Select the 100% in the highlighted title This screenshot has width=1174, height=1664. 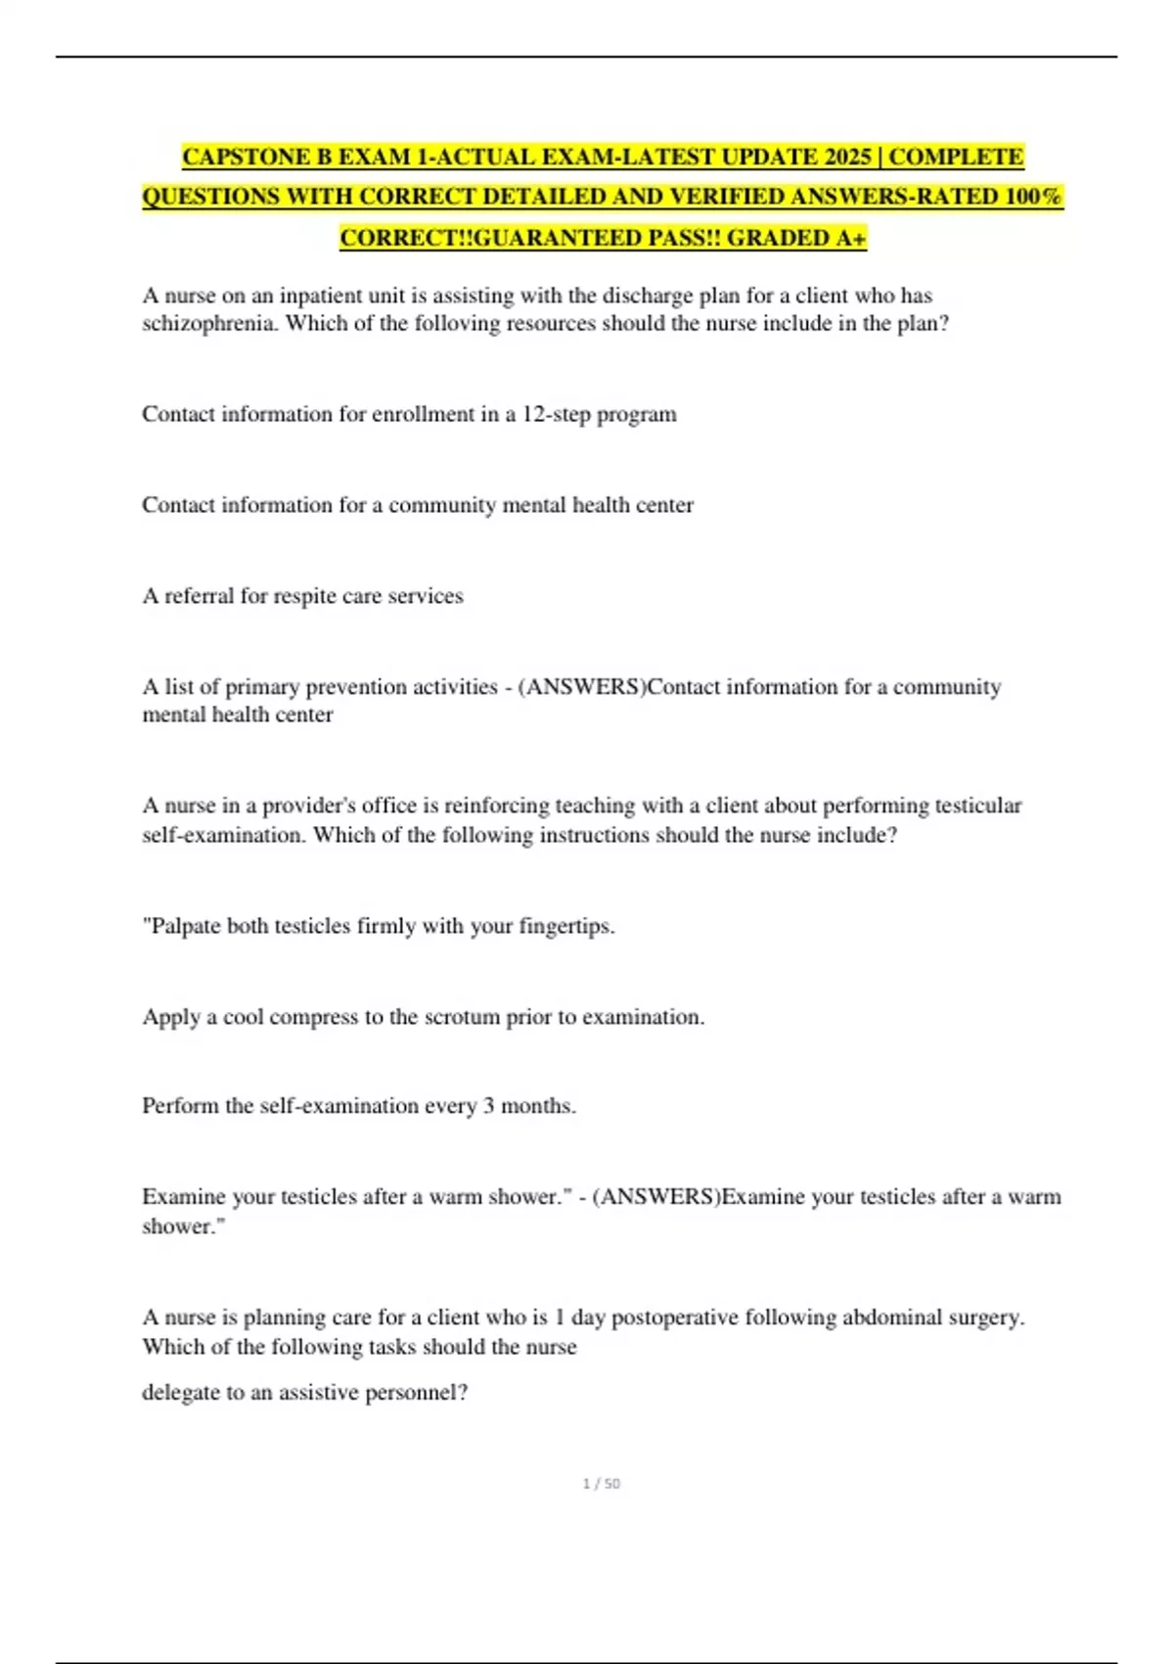1034,197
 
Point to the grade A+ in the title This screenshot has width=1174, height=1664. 852,238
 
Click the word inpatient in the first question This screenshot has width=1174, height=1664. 322,296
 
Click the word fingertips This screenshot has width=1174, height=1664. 565,926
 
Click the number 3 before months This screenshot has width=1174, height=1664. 488,1106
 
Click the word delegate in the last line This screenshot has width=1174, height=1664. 180,1393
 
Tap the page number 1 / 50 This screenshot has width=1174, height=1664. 601,1484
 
